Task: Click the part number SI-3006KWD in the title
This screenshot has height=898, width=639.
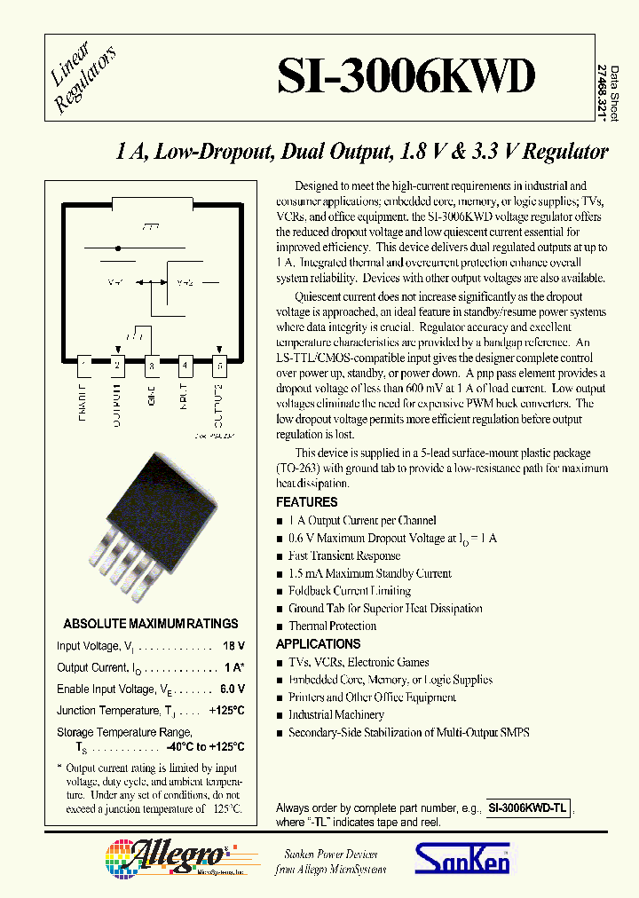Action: (x=406, y=78)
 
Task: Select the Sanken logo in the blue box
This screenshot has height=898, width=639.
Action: (x=461, y=860)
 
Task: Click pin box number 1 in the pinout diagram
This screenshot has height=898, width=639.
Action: (x=84, y=364)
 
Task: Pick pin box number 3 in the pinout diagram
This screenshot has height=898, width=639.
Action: (x=151, y=364)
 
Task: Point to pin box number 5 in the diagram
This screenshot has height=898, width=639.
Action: (x=218, y=364)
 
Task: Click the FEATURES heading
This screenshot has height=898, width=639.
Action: (x=306, y=502)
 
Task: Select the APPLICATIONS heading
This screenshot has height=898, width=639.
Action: (x=318, y=644)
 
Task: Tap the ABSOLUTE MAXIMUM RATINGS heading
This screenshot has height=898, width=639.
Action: (x=151, y=624)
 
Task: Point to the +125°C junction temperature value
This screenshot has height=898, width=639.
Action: (x=226, y=711)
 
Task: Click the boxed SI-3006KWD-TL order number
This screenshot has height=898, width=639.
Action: (x=529, y=808)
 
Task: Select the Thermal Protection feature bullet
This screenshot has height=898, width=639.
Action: (x=332, y=626)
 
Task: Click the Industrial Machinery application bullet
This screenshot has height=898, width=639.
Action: (x=335, y=715)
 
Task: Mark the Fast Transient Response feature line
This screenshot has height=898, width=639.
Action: (x=343, y=555)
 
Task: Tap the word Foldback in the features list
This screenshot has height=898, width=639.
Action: (x=308, y=591)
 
